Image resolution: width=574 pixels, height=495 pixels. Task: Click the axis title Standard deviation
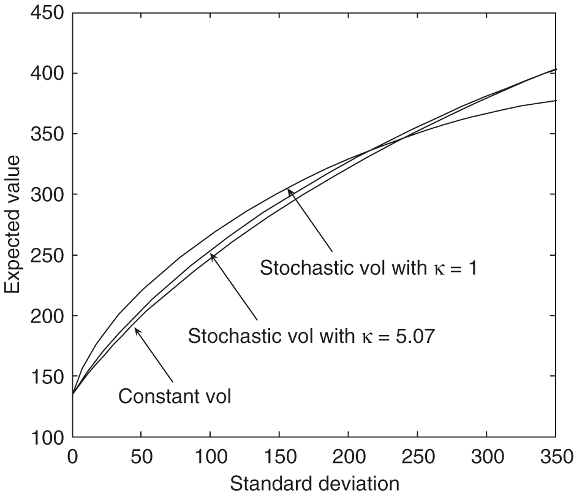tap(314, 483)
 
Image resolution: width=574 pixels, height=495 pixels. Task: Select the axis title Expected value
tap(14, 224)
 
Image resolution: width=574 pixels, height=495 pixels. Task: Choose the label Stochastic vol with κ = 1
tap(368, 268)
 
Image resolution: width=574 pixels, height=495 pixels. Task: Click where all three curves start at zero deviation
tap(74, 394)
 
